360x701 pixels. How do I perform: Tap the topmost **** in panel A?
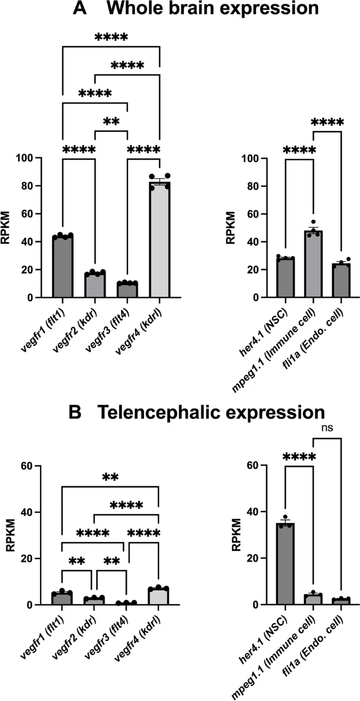pos(111,38)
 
